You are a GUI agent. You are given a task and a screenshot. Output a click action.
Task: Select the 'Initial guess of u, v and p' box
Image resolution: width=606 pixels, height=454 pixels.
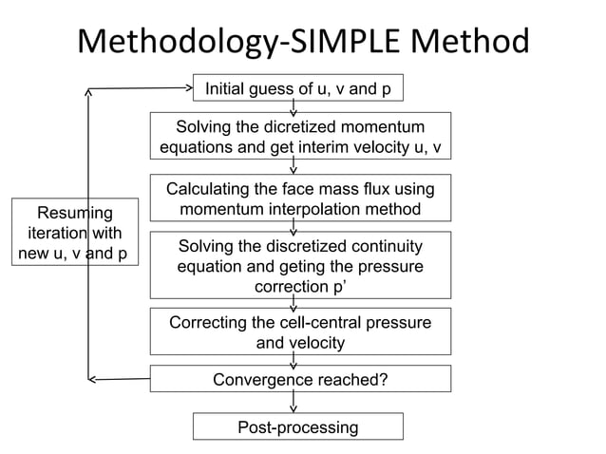pos(298,89)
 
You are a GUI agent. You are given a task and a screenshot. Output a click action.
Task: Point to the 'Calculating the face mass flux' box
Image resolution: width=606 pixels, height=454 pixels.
pos(300,199)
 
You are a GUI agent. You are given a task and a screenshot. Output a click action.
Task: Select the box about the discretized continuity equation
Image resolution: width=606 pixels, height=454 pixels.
pos(300,265)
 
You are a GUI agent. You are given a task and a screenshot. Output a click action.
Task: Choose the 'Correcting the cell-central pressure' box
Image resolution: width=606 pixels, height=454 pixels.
pos(300,331)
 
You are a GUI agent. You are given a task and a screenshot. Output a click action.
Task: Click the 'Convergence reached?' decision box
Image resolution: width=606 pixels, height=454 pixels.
pos(300,380)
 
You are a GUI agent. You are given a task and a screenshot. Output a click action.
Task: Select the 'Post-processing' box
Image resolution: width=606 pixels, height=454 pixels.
pos(298,426)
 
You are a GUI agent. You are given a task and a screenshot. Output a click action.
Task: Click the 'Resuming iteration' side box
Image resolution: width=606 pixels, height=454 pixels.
pos(74,233)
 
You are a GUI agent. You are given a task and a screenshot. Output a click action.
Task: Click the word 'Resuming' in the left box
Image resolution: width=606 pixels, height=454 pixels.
pos(74,213)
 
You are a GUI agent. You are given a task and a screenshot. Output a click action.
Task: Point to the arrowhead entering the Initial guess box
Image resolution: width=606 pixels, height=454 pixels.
pos(188,89)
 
